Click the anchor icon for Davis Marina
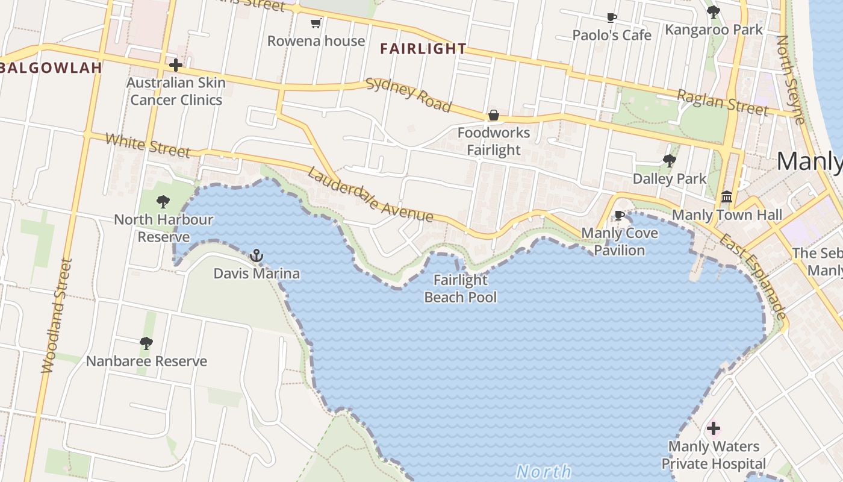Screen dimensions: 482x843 pos(257,256)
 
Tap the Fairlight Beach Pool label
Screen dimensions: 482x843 pos(461,289)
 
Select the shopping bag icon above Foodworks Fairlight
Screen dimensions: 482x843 pos(494,115)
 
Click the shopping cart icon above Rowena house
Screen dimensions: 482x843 pos(316,23)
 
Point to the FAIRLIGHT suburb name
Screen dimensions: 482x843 pos(423,49)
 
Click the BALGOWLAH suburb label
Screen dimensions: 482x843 pos(51,67)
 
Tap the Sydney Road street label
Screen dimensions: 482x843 pos(409,95)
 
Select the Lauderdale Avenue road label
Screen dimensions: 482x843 pos(370,195)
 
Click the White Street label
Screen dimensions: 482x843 pos(148,145)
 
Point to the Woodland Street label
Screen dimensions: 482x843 pos(57,316)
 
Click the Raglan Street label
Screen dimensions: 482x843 pos(722,102)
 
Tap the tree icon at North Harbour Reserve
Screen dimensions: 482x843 pos(163,202)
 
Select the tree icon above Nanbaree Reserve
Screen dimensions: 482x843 pos(146,343)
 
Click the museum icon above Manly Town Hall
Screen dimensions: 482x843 pos(727,197)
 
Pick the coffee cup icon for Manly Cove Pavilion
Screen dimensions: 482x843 pos(620,215)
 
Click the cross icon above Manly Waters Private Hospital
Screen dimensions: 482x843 pos(714,429)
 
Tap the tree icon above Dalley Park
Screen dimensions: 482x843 pos(669,161)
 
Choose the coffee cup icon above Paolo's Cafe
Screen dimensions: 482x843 pos(612,17)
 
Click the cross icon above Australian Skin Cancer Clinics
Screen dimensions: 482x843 pos(176,64)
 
